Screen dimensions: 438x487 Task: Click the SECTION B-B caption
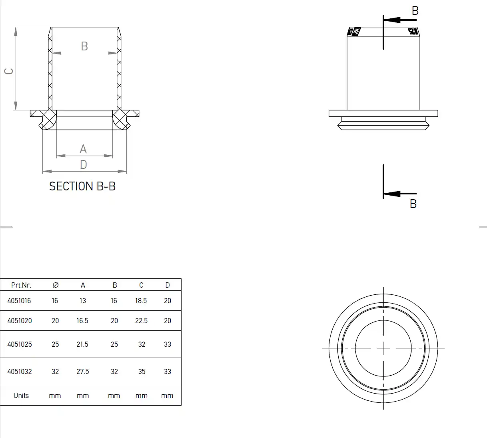(82, 186)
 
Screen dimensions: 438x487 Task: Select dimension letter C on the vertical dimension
(9, 71)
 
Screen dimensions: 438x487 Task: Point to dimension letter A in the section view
(83, 149)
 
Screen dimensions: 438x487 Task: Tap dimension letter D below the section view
(83, 164)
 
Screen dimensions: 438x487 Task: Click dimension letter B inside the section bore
(84, 46)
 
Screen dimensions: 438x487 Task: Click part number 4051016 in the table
(19, 301)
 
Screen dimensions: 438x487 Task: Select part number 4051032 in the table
(20, 372)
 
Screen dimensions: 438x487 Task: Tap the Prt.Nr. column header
(21, 285)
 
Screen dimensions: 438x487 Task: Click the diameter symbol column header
(56, 285)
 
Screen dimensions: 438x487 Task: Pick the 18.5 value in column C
(141, 301)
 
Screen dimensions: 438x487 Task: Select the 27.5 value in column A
(83, 372)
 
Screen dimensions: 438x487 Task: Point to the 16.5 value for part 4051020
(82, 321)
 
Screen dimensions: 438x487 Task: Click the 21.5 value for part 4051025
(82, 344)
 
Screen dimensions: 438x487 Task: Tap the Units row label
(21, 396)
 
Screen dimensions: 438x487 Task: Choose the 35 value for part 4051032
(142, 372)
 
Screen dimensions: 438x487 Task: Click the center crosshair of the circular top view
(383, 348)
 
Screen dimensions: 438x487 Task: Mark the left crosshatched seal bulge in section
(48, 119)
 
